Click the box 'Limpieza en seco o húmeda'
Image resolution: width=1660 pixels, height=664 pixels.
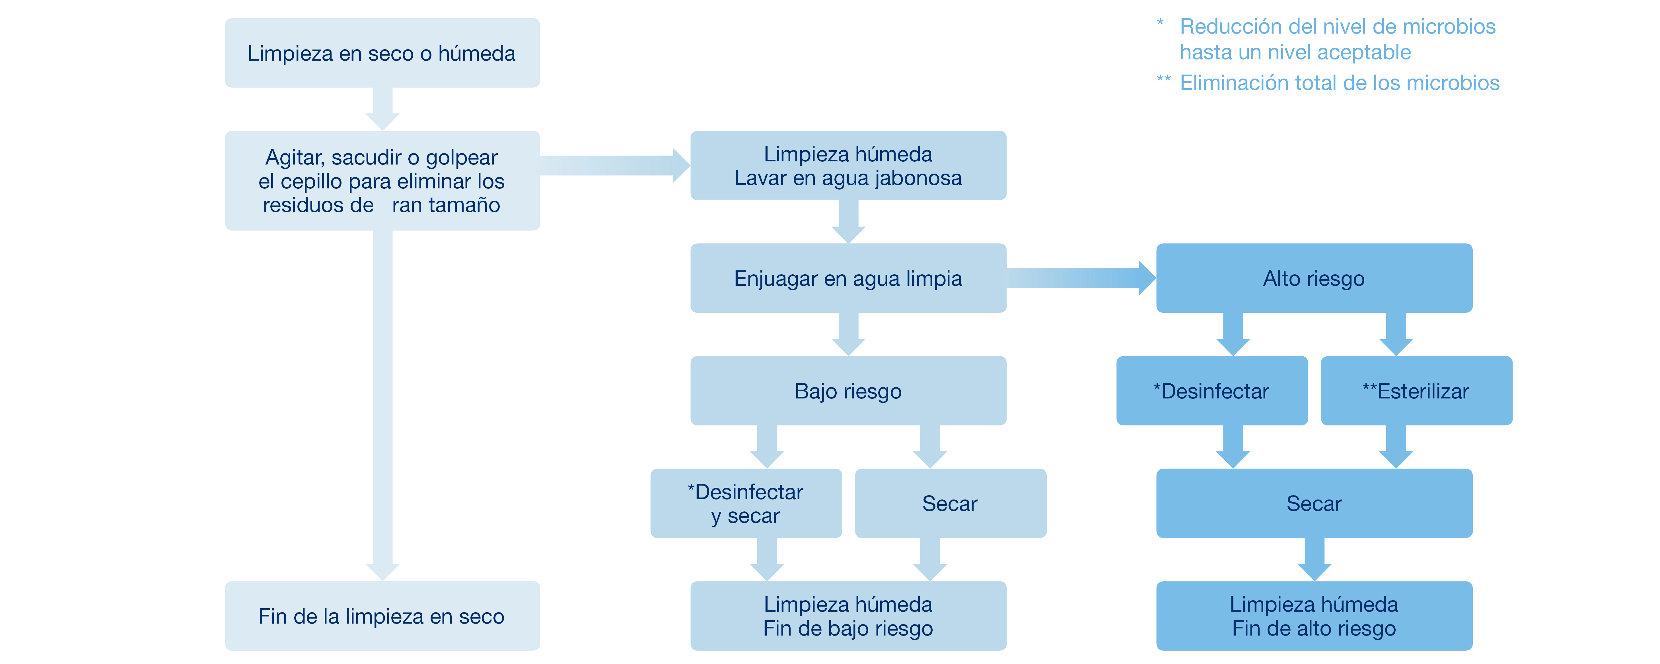pyautogui.click(x=382, y=53)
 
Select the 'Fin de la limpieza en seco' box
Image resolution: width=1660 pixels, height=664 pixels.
pyautogui.click(x=382, y=616)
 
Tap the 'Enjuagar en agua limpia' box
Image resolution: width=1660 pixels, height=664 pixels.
pyautogui.click(x=848, y=278)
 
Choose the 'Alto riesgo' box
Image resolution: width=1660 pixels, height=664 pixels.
pyautogui.click(x=1314, y=278)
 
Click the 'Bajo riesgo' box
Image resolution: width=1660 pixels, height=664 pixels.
pyautogui.click(x=848, y=391)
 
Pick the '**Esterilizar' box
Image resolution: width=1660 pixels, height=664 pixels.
pyautogui.click(x=1416, y=391)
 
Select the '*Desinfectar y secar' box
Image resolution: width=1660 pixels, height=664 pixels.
pyautogui.click(x=746, y=503)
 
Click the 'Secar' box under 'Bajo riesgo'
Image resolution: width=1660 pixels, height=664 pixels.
pyautogui.click(x=950, y=503)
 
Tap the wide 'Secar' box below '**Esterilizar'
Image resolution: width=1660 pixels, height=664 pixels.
pyautogui.click(x=1314, y=503)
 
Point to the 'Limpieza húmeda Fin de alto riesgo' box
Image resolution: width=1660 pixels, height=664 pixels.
pyautogui.click(x=1314, y=616)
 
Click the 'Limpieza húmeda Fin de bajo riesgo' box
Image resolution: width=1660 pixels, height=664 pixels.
pyautogui.click(x=848, y=616)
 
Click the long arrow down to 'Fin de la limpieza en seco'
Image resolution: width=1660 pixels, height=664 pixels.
pyautogui.click(x=382, y=400)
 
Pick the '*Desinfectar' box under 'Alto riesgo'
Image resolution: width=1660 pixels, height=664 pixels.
pyautogui.click(x=1211, y=391)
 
